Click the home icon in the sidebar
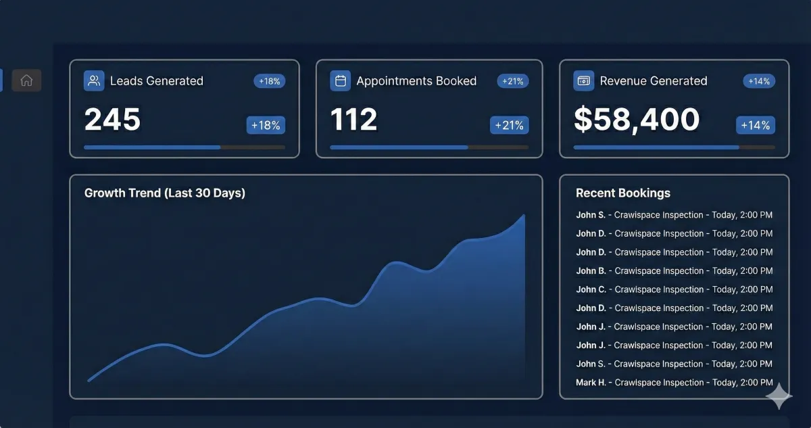26,80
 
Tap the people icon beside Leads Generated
94,81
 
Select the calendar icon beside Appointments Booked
340,81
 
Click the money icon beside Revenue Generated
583,81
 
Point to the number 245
112,120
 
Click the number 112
353,120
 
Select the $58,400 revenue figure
636,120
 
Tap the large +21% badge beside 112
509,125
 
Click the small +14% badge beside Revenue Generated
759,81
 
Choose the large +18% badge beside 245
266,125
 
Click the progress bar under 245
184,147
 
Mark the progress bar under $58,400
674,147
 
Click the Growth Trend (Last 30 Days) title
164,193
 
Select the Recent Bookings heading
622,193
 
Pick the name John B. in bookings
591,271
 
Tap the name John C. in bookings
591,289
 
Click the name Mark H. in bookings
591,383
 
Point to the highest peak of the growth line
524,216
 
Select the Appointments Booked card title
416,81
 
